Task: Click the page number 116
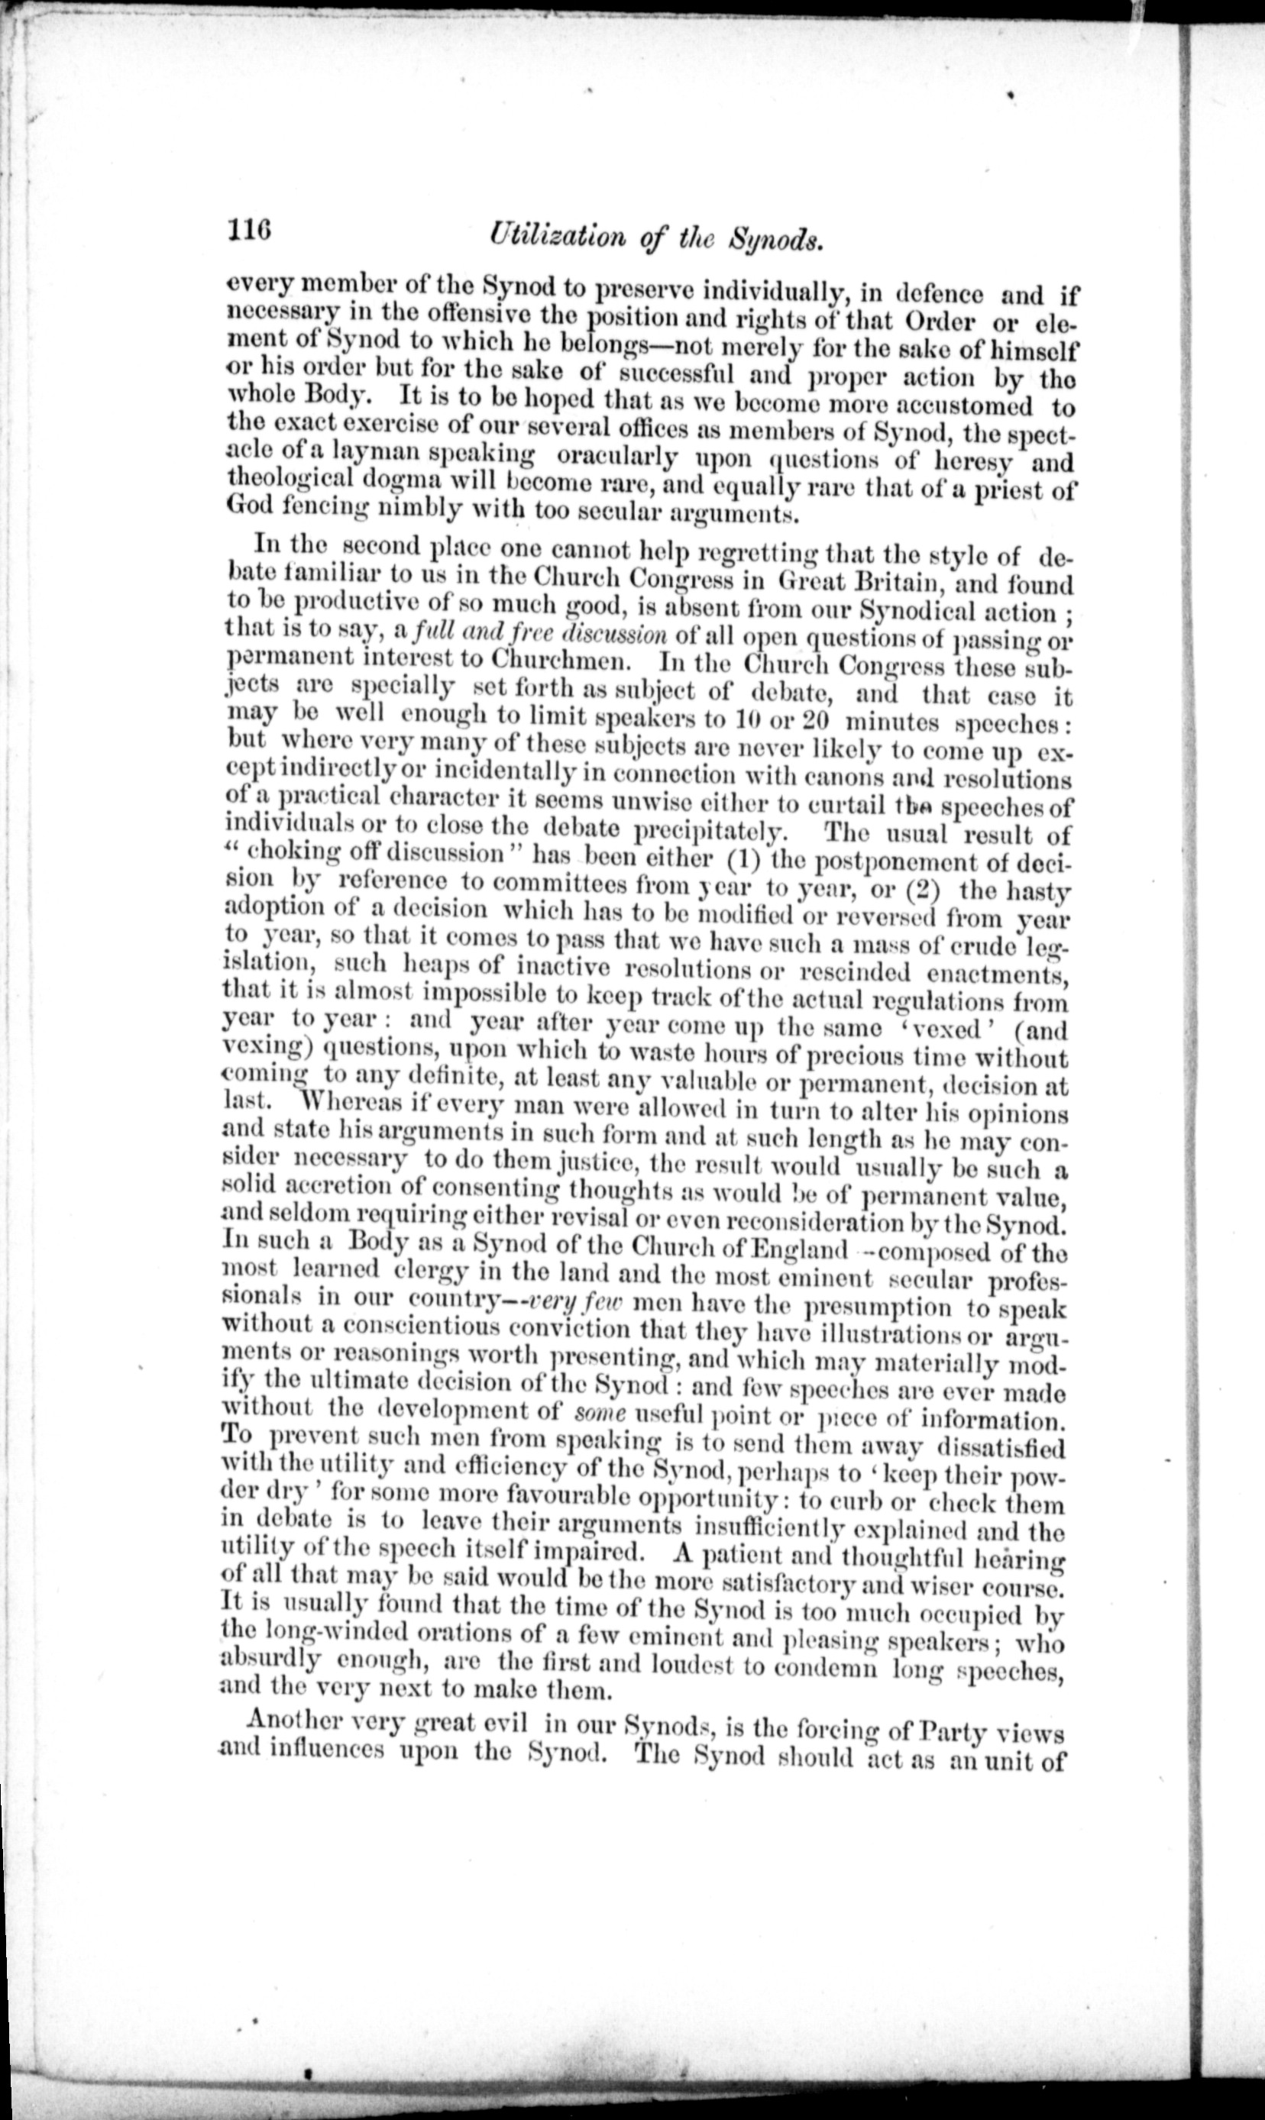(249, 231)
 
